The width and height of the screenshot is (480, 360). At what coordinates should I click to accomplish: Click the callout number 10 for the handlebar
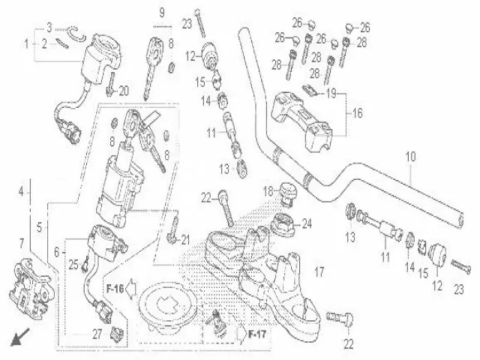409,157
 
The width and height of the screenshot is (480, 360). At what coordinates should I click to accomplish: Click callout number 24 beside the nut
306,223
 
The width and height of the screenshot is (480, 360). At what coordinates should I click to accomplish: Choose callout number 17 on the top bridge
318,271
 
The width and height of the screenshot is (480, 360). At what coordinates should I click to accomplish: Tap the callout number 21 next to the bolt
187,239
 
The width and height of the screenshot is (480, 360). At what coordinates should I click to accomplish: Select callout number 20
124,91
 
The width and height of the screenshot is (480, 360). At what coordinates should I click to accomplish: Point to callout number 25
73,264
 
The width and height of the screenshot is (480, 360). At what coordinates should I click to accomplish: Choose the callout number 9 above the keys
160,11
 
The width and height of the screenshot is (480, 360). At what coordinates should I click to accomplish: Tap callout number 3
49,27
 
